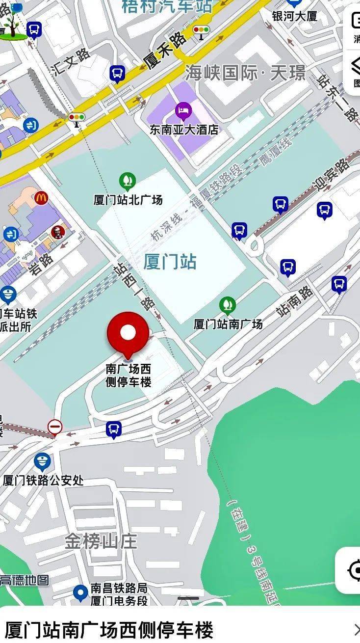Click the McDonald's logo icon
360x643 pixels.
[42, 198]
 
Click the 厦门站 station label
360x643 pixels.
[170, 262]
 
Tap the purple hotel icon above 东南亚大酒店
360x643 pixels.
[183, 110]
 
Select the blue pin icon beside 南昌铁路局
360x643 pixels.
[80, 593]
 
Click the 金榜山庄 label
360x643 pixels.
[101, 541]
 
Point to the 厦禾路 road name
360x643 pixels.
[164, 51]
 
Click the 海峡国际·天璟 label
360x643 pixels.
[245, 74]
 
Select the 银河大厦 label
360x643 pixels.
[295, 16]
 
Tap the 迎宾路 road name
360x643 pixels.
[332, 176]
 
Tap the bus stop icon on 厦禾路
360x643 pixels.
[117, 74]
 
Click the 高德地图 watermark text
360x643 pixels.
[25, 580]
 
